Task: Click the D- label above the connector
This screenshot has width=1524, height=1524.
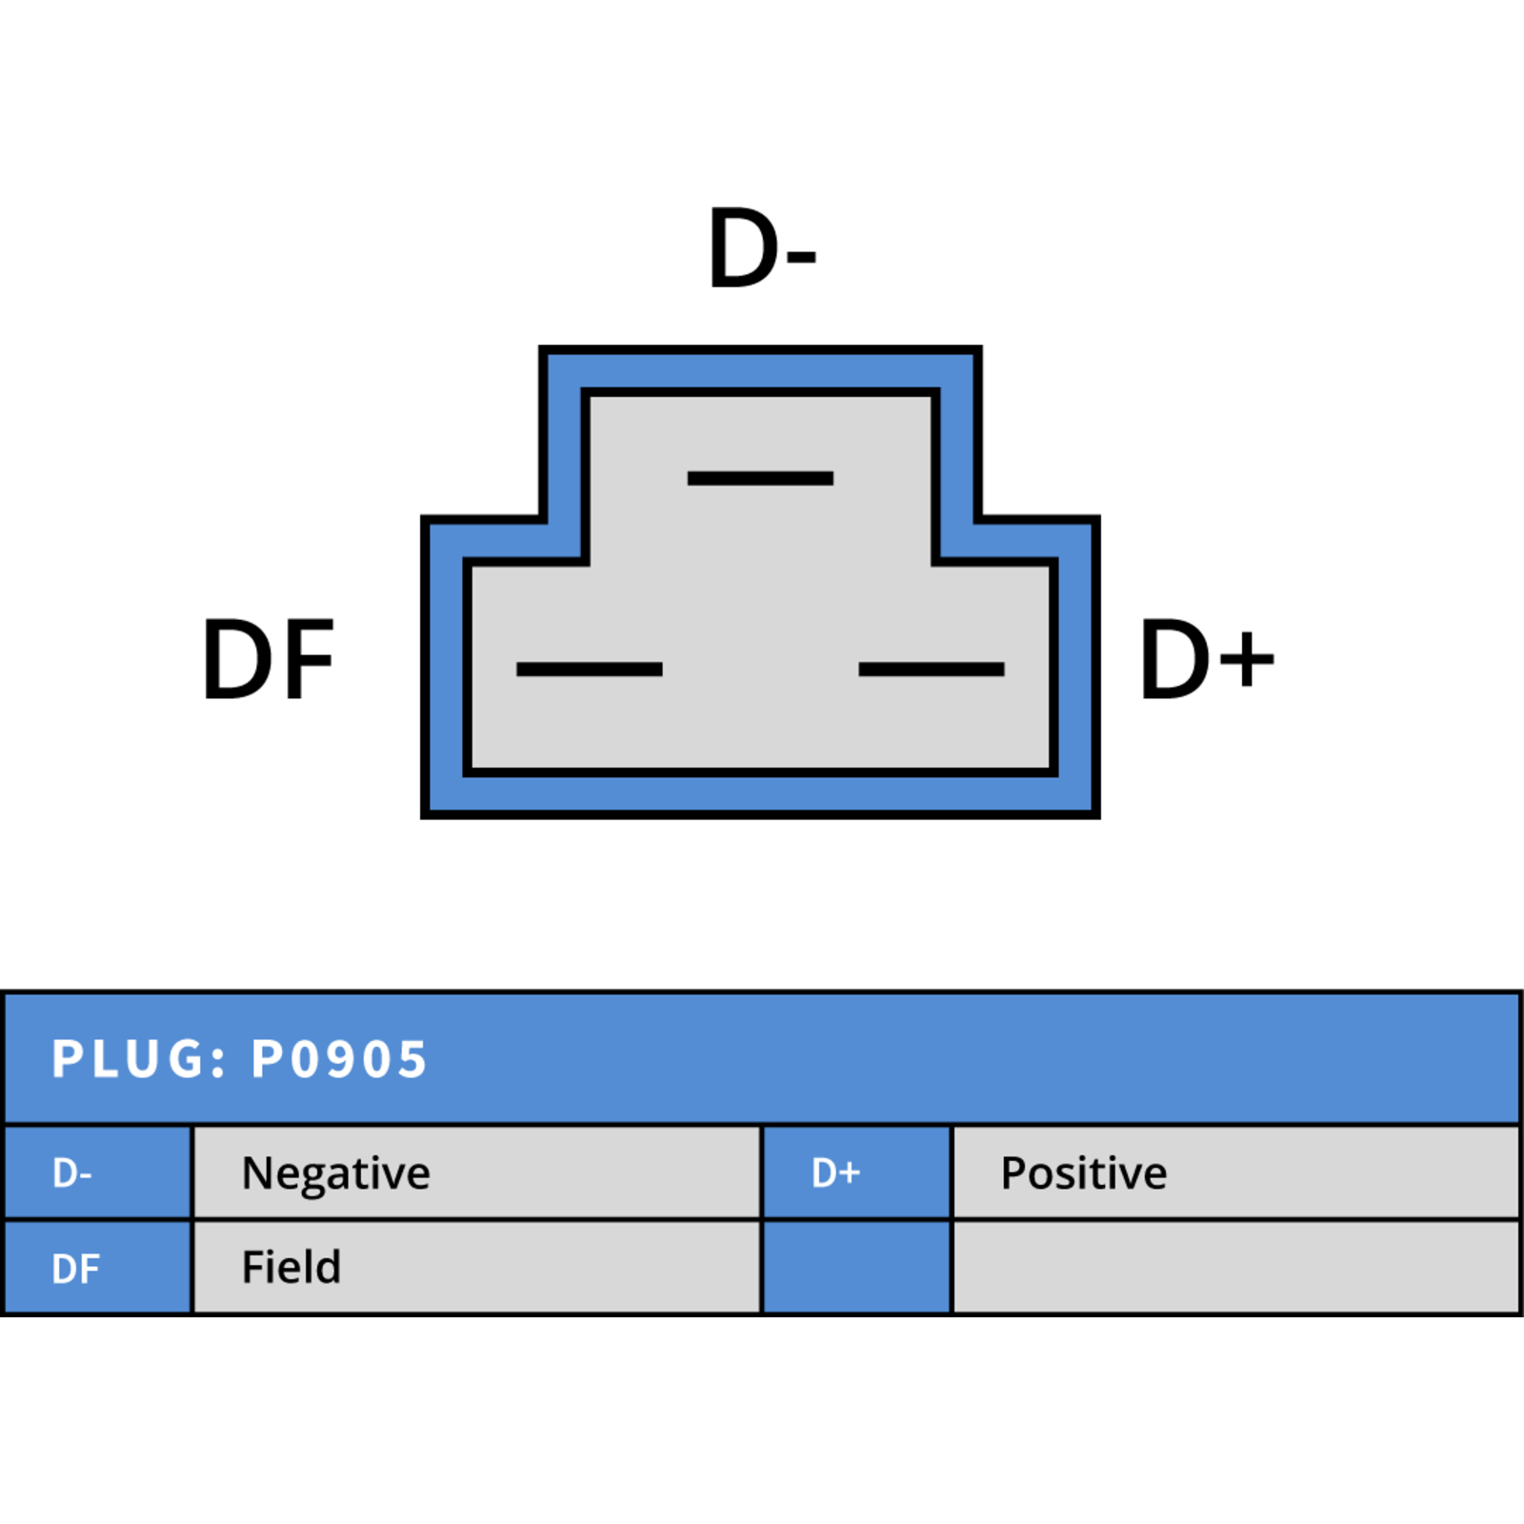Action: click(762, 248)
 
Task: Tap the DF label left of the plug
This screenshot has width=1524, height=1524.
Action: click(269, 659)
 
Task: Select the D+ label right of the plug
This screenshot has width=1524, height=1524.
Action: click(1207, 659)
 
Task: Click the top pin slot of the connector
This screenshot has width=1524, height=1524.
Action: click(760, 478)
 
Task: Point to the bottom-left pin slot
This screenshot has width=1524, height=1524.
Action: click(589, 670)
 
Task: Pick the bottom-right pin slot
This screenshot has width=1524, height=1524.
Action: click(932, 670)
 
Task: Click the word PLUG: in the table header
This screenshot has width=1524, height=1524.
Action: click(139, 1058)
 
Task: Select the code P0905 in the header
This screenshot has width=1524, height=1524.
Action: click(338, 1058)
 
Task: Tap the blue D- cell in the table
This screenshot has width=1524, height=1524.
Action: click(97, 1173)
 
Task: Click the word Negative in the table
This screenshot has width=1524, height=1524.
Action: click(335, 1173)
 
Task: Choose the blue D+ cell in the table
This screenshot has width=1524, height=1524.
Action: click(857, 1173)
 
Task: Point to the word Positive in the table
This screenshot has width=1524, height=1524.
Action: click(1084, 1173)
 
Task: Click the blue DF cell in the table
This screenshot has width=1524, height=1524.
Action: click(97, 1268)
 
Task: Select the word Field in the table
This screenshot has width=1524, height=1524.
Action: click(291, 1267)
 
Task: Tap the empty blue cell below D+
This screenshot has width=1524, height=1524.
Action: click(857, 1268)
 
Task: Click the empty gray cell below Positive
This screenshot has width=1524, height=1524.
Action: click(1236, 1268)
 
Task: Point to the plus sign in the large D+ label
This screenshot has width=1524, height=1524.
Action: click(1247, 659)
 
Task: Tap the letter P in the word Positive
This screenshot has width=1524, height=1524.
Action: click(1013, 1173)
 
